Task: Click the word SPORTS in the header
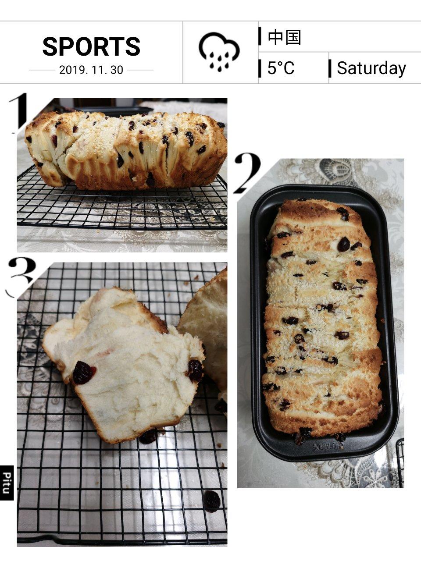tap(91, 46)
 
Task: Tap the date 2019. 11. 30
tap(91, 70)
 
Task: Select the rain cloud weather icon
tap(219, 52)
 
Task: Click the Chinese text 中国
tap(284, 37)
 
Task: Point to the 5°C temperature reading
tap(281, 68)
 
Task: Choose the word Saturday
tap(371, 68)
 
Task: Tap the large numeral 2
tap(247, 173)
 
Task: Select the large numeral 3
tap(21, 277)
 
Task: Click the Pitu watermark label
tap(7, 483)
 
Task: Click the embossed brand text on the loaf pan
tap(328, 446)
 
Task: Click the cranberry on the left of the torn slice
tap(84, 373)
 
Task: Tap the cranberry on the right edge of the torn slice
tap(196, 370)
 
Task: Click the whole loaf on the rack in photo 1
tap(126, 150)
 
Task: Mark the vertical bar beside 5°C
tap(260, 68)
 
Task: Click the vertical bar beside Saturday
tap(330, 68)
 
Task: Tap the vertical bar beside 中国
tap(260, 36)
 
